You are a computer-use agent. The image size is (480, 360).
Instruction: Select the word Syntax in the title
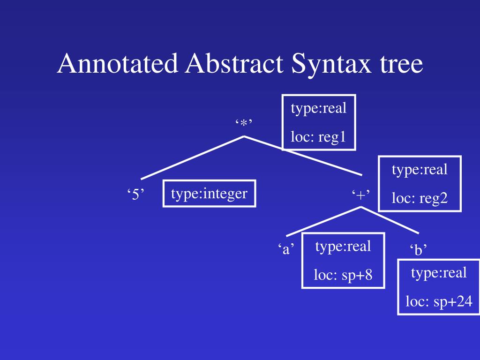point(328,64)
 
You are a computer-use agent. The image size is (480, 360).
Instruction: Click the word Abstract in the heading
point(234,64)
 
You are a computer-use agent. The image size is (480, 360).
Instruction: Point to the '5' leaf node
point(135,195)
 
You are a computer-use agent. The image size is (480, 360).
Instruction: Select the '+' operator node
point(360,195)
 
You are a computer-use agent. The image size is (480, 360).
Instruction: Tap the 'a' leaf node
point(285,249)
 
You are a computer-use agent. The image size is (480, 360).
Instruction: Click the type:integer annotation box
point(209,193)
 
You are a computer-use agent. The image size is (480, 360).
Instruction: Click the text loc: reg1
point(318,137)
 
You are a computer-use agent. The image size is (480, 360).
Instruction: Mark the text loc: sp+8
point(343,275)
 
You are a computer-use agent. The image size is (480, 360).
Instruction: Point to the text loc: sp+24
point(439,301)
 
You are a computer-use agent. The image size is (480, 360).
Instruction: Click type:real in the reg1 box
point(318,108)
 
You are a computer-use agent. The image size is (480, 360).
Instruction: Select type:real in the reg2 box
point(420,169)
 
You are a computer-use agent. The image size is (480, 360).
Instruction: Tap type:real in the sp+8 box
point(343,246)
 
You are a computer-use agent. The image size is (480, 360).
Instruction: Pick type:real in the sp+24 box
point(439,272)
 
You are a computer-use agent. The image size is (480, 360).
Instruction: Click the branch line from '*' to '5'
point(192,157)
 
